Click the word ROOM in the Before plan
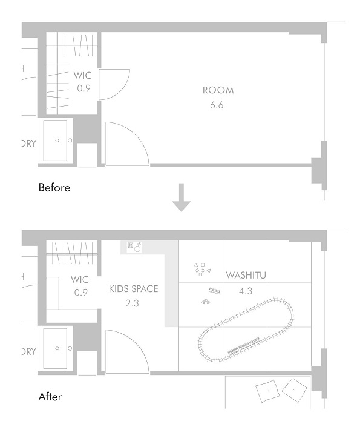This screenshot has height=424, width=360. pos(217,90)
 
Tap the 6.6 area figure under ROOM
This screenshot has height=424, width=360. pos(217,105)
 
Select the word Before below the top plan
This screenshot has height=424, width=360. pos(54,188)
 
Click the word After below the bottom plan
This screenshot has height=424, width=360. pos(50,397)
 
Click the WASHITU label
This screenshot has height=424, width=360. pos(246,276)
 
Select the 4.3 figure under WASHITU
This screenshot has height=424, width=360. pos(246,291)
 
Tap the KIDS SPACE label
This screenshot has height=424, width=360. pos(133,289)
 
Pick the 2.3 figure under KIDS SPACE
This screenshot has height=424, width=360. pos(133,303)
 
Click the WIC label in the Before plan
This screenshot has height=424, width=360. pos(82,76)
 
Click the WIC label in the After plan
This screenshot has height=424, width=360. pos(80,280)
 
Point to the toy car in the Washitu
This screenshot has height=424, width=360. pos(206,302)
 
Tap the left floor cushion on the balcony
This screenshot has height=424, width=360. pos(267,392)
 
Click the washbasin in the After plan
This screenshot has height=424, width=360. pos(57,349)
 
